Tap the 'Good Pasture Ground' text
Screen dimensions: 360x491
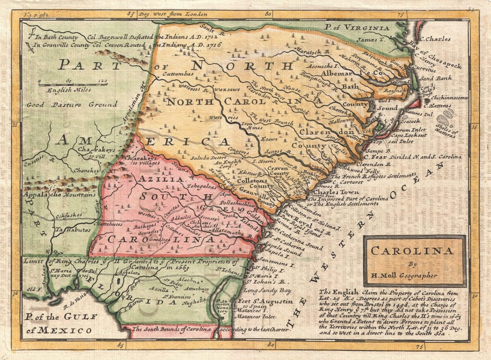[72, 105]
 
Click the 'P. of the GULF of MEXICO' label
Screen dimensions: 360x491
[61, 323]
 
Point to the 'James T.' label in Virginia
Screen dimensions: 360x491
[369, 40]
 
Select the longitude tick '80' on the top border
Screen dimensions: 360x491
[268, 14]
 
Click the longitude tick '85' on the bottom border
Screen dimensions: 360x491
[120, 346]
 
